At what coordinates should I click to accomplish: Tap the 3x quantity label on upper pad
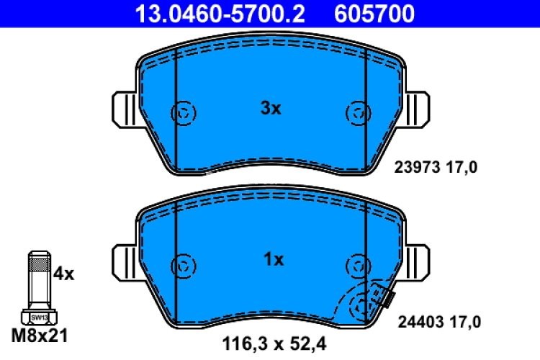270,109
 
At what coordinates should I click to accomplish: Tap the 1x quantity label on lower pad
271,260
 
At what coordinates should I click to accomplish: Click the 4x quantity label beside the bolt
64,274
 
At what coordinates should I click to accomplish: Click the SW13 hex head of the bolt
38,316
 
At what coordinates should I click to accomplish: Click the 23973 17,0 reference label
436,168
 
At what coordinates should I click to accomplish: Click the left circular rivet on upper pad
184,112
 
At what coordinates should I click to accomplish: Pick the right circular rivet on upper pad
358,112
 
